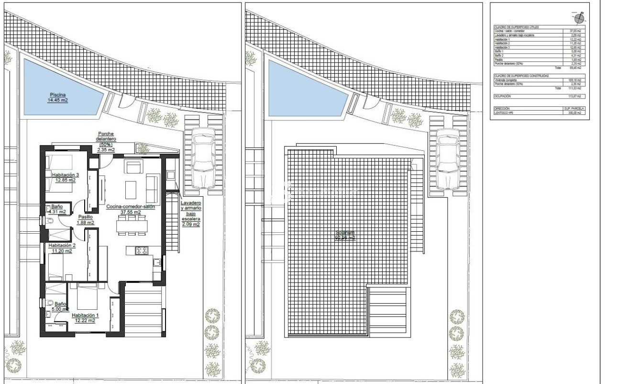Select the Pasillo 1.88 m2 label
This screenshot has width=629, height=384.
click(86, 219)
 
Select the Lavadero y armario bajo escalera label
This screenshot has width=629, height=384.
click(190, 214)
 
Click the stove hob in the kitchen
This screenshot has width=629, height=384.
click(142, 250)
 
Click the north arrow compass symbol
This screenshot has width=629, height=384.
click(579, 18)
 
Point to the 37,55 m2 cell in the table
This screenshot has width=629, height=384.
click(574, 31)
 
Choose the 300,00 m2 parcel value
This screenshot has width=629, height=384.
click(574, 113)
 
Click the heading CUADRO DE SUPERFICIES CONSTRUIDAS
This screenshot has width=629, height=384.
click(521, 76)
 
